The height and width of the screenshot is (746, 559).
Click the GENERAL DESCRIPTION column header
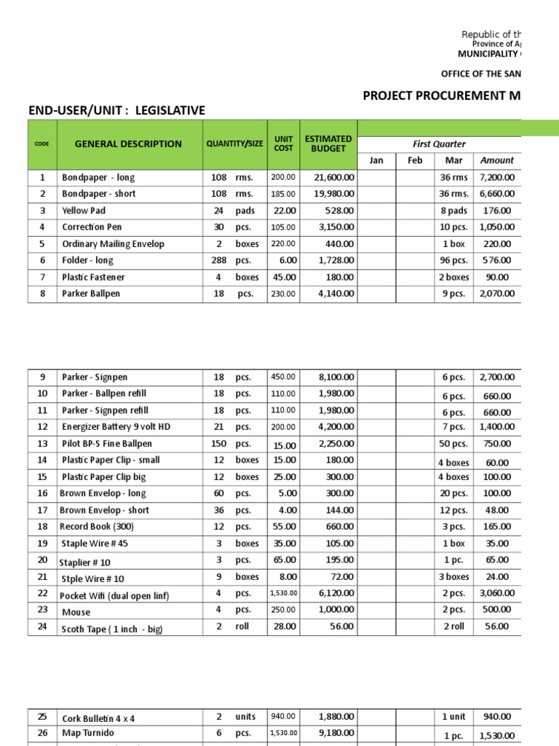coord(128,144)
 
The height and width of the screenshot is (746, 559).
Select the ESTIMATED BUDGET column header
coord(328,144)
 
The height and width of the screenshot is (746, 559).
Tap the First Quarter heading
coord(439,144)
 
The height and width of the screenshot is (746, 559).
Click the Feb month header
coord(415,160)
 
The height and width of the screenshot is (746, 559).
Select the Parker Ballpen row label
coord(91,294)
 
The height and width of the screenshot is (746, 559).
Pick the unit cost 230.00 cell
coord(284,294)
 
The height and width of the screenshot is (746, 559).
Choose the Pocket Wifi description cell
coord(115,596)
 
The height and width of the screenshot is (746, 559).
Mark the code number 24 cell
coord(42,626)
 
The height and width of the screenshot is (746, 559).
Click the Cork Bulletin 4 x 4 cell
coord(98,718)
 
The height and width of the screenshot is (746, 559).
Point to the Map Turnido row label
coord(88,733)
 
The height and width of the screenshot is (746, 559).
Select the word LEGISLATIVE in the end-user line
coord(169,111)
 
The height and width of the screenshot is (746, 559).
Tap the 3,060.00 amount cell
coord(497,593)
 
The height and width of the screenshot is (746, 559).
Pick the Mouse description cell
coord(76,613)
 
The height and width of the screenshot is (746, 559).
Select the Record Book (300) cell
coord(96,527)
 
